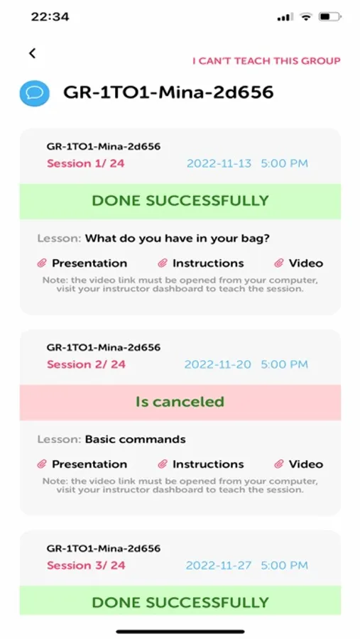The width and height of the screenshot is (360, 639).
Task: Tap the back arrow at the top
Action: pyautogui.click(x=33, y=53)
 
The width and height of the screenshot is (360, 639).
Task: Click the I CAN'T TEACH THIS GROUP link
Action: pyautogui.click(x=267, y=61)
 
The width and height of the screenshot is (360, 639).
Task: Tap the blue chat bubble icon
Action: pyautogui.click(x=35, y=93)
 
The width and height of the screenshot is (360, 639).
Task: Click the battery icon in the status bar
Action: pyautogui.click(x=330, y=17)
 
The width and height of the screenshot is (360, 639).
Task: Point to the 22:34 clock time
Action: pyautogui.click(x=50, y=17)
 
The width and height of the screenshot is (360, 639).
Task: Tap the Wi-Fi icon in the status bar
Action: pyautogui.click(x=305, y=17)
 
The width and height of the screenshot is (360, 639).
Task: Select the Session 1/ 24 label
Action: pyautogui.click(x=86, y=163)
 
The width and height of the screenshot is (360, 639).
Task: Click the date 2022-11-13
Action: pyautogui.click(x=219, y=163)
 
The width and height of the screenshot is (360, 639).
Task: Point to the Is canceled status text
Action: pyautogui.click(x=180, y=402)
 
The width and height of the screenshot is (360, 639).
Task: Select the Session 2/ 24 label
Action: pyautogui.click(x=86, y=364)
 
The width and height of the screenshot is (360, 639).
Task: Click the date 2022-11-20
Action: pyautogui.click(x=218, y=364)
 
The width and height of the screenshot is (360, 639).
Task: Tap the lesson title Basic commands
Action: pyautogui.click(x=136, y=439)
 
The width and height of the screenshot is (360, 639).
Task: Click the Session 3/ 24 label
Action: pyautogui.click(x=86, y=565)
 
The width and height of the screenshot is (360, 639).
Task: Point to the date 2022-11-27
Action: pyautogui.click(x=219, y=565)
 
